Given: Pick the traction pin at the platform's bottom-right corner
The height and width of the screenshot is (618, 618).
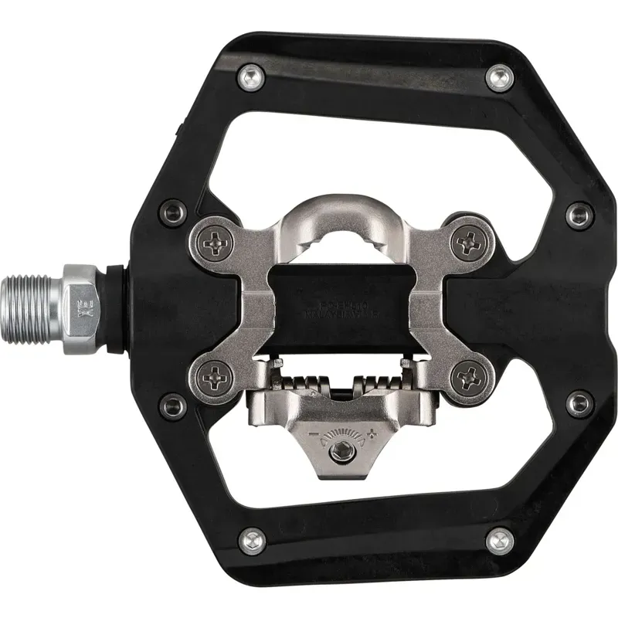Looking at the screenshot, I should click(x=499, y=538).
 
